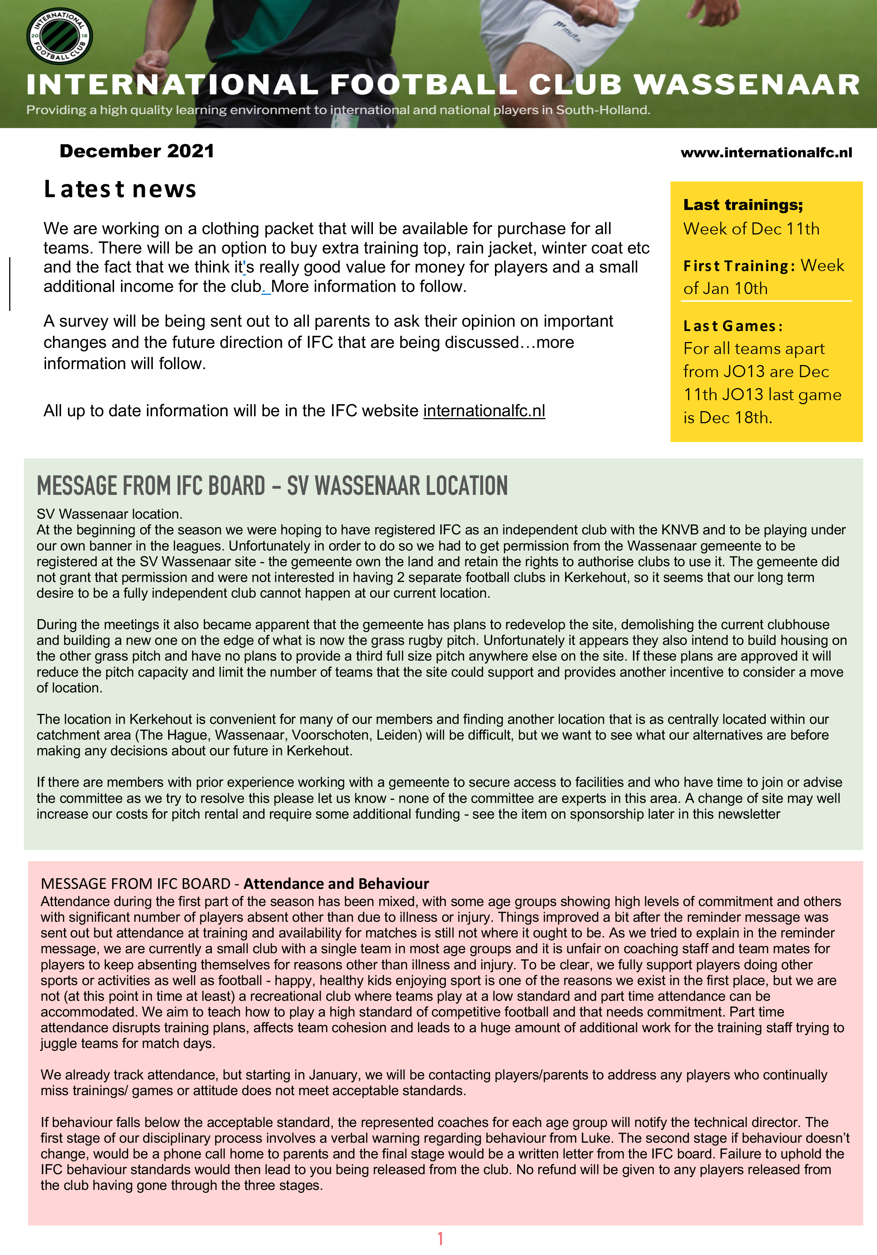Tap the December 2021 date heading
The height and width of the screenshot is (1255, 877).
[x=137, y=151]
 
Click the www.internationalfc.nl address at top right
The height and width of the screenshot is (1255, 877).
[x=766, y=153]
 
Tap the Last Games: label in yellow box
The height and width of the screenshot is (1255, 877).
[x=733, y=326]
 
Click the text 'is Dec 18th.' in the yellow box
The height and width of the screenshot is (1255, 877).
[x=727, y=418]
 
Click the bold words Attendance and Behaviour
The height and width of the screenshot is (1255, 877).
[x=336, y=884]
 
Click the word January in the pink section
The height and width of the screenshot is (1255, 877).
[x=333, y=1075]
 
